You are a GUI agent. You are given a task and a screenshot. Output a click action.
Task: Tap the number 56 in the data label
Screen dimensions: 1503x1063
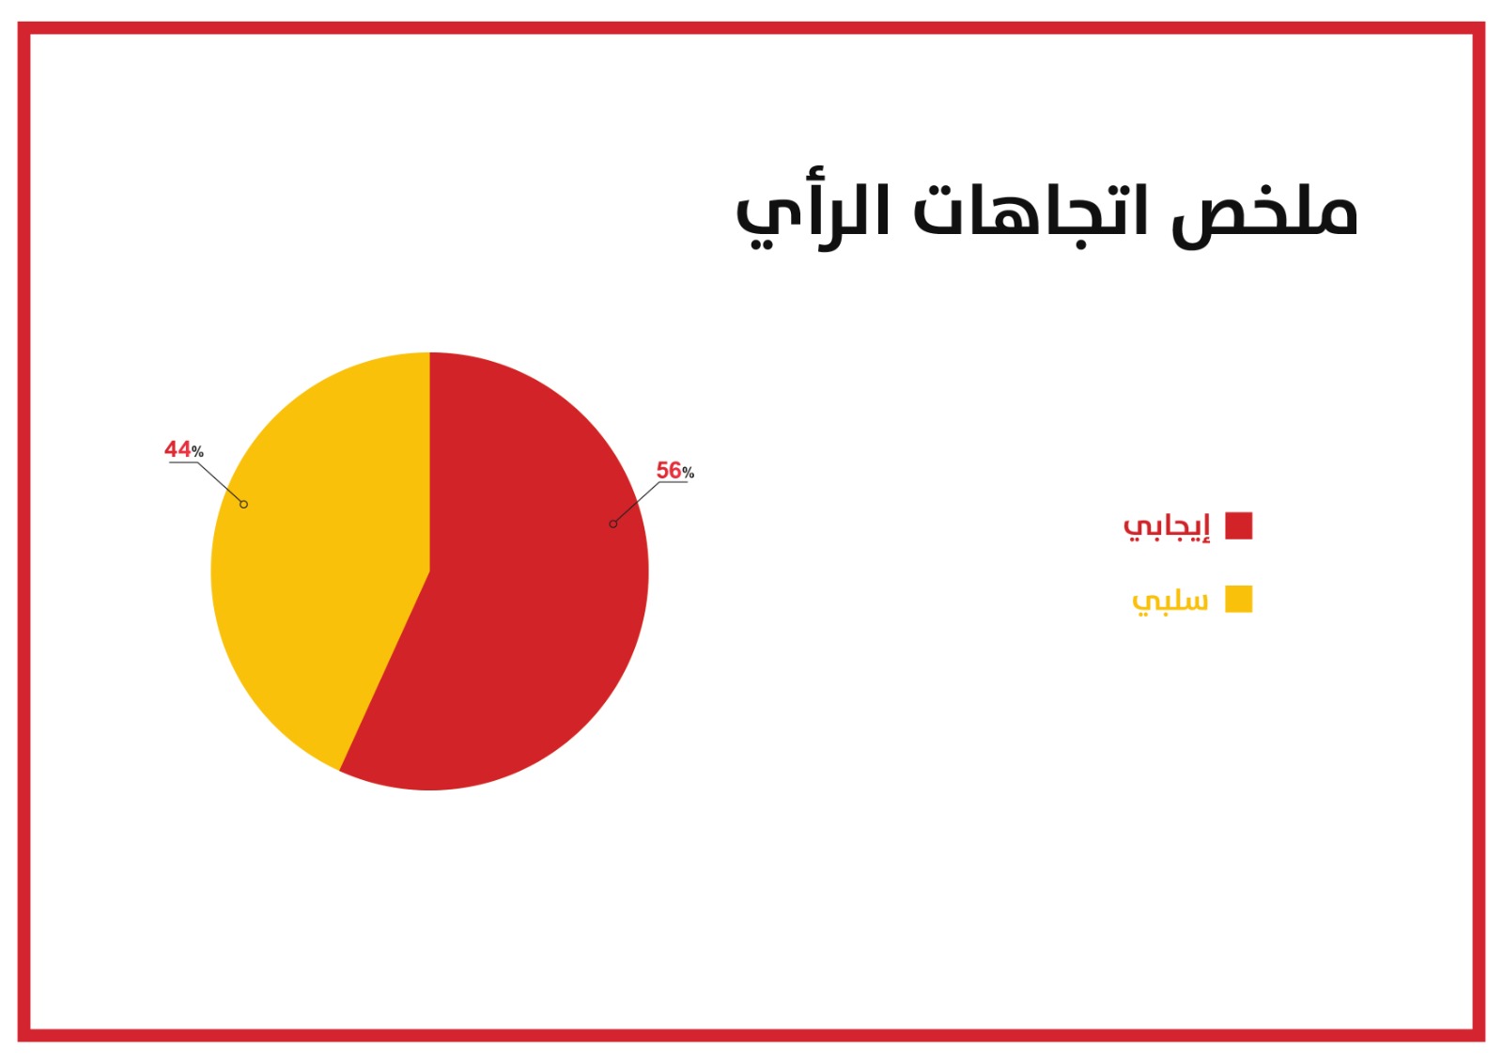668,470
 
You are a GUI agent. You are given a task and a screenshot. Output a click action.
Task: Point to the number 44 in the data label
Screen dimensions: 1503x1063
178,448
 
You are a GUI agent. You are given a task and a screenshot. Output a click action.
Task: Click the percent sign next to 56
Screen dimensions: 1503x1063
688,473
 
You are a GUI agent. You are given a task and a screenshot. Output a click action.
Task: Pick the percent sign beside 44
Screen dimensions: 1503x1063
197,451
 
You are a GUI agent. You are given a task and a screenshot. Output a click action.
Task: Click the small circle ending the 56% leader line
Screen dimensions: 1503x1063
612,524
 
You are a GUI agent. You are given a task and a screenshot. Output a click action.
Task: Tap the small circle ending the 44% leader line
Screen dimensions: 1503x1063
243,505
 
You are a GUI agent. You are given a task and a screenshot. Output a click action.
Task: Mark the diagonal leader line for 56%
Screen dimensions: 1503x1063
636,503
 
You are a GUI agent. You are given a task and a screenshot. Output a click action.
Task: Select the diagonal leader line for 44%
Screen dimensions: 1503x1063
220,483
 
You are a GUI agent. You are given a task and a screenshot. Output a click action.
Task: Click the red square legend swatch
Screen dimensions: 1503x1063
1239,525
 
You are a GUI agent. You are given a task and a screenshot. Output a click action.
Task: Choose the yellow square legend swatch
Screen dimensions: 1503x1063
1239,599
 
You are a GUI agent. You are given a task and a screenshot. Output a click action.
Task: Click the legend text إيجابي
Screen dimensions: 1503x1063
1167,526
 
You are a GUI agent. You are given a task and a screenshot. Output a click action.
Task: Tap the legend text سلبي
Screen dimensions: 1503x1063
1170,601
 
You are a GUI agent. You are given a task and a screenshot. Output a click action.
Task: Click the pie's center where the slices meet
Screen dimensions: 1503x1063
430,571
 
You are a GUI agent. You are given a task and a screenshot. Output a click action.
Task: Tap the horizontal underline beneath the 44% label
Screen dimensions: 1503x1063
183,462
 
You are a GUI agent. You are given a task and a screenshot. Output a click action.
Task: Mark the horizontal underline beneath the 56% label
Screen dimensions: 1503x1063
673,482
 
